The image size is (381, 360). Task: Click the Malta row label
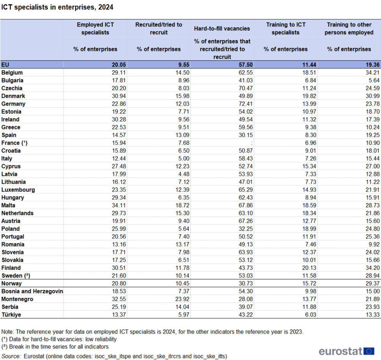click(x=8, y=206)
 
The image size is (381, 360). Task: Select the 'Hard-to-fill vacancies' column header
click(x=222, y=29)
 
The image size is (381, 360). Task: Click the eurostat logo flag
click(x=369, y=351)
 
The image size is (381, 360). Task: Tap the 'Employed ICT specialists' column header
click(x=95, y=29)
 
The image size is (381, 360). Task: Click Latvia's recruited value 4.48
click(x=183, y=174)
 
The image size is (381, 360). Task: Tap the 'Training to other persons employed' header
click(x=349, y=29)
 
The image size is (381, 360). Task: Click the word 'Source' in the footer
click(x=11, y=356)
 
